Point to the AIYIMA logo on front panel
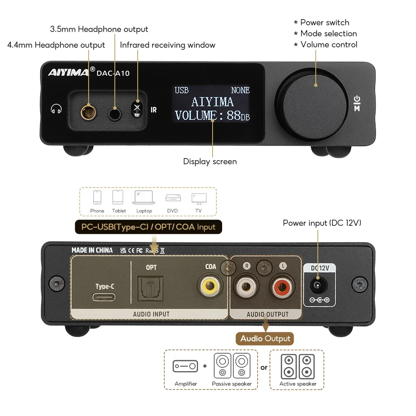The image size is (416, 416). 68,72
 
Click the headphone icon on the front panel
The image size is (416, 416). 56,109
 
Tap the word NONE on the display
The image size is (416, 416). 240,90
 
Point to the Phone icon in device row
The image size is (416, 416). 97,198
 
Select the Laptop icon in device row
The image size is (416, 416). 144,198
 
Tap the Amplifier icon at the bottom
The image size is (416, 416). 185,366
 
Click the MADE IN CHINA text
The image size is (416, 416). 92,250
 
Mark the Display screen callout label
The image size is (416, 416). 210,161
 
